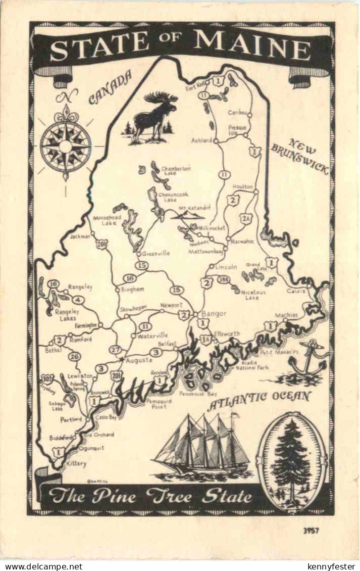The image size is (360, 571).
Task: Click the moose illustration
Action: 153,117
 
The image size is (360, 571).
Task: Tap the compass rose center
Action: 66,146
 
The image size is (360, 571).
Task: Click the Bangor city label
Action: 214,313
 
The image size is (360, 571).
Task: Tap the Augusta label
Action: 139,360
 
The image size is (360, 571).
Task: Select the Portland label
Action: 71,420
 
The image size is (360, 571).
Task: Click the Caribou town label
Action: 237,112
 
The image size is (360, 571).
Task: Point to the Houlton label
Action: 242,187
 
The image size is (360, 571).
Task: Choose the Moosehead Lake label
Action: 105,220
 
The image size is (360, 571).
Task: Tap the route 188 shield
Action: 224,279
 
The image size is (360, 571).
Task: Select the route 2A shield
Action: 246,218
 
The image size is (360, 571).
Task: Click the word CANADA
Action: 110,87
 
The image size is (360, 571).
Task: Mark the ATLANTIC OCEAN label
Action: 259,399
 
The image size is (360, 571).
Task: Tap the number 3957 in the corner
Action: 312,531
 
